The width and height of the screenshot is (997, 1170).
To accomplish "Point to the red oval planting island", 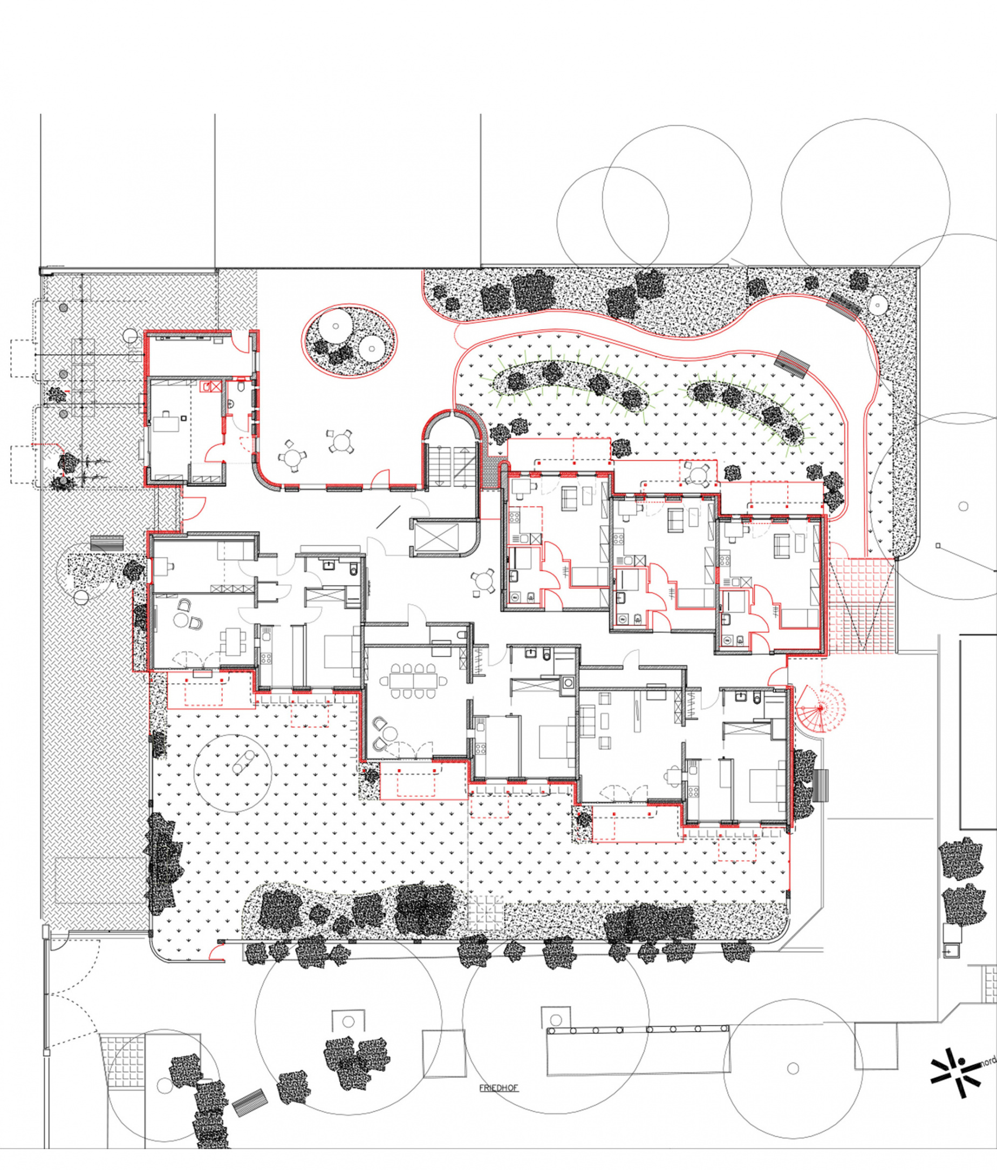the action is pyautogui.click(x=349, y=341).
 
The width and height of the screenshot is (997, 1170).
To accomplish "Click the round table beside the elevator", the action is pyautogui.click(x=483, y=582).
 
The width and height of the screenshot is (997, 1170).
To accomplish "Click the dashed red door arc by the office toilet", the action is pyautogui.click(x=244, y=444).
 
